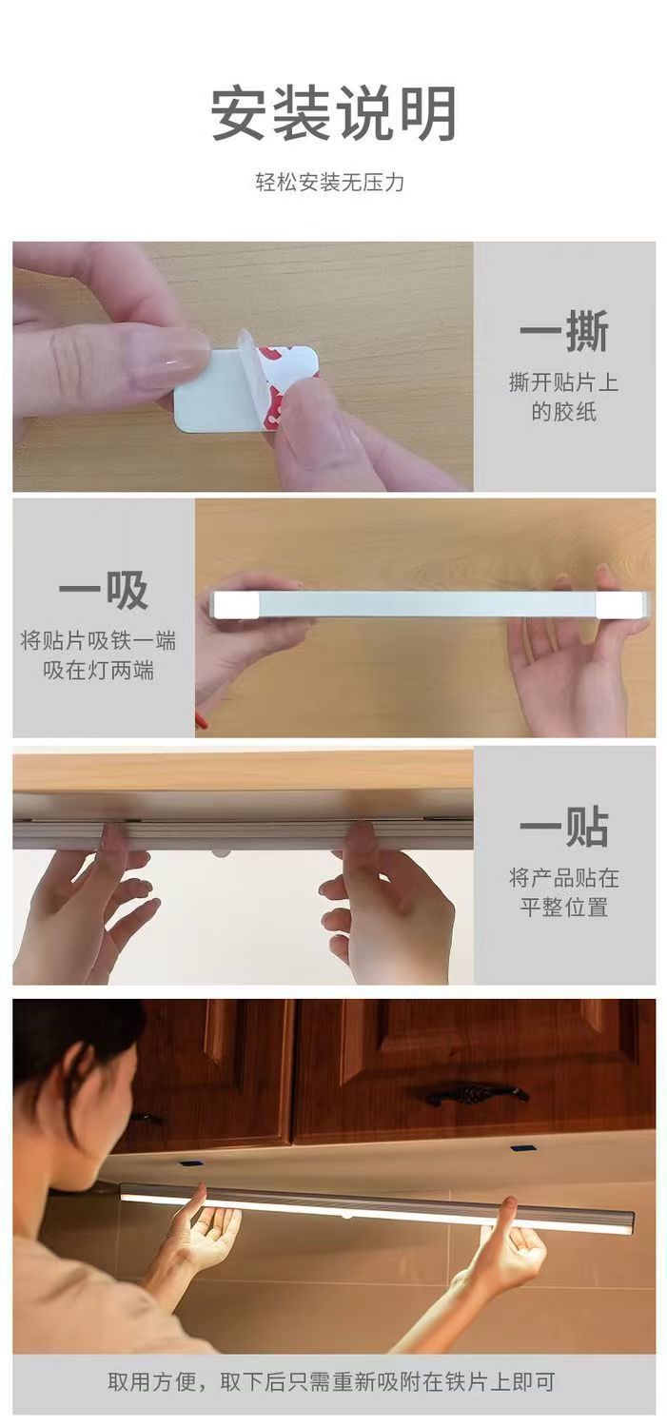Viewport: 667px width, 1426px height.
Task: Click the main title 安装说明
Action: [333, 114]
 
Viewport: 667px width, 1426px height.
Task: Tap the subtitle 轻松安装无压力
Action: [329, 182]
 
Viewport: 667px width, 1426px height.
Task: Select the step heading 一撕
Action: [563, 332]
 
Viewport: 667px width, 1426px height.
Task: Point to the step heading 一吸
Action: [103, 592]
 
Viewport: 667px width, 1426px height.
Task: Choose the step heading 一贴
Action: [563, 827]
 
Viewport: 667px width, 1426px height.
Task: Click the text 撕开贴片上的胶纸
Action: [563, 398]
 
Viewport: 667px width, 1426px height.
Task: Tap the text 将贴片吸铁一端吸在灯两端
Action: [99, 655]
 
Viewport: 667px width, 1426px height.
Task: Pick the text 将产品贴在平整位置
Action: [563, 891]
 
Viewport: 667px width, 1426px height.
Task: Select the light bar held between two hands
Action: [428, 604]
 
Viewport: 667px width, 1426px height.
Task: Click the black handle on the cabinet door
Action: [476, 1094]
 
